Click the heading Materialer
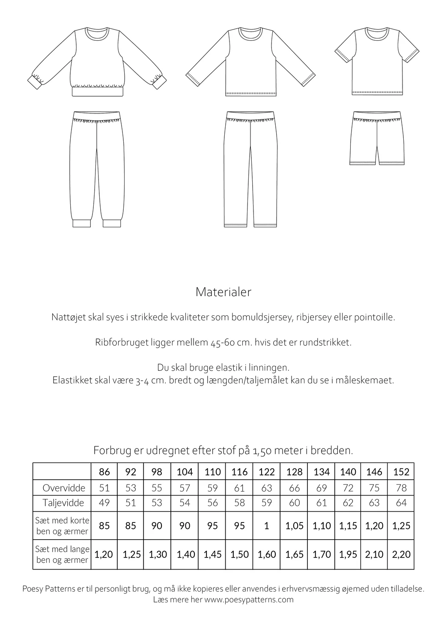223,292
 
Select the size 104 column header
185,472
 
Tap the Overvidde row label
64,488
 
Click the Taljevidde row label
64,503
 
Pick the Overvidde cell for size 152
401,488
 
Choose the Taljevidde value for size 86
104,503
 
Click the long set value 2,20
401,555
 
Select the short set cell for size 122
266,526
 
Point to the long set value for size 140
348,555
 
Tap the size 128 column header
294,472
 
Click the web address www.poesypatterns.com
249,599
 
